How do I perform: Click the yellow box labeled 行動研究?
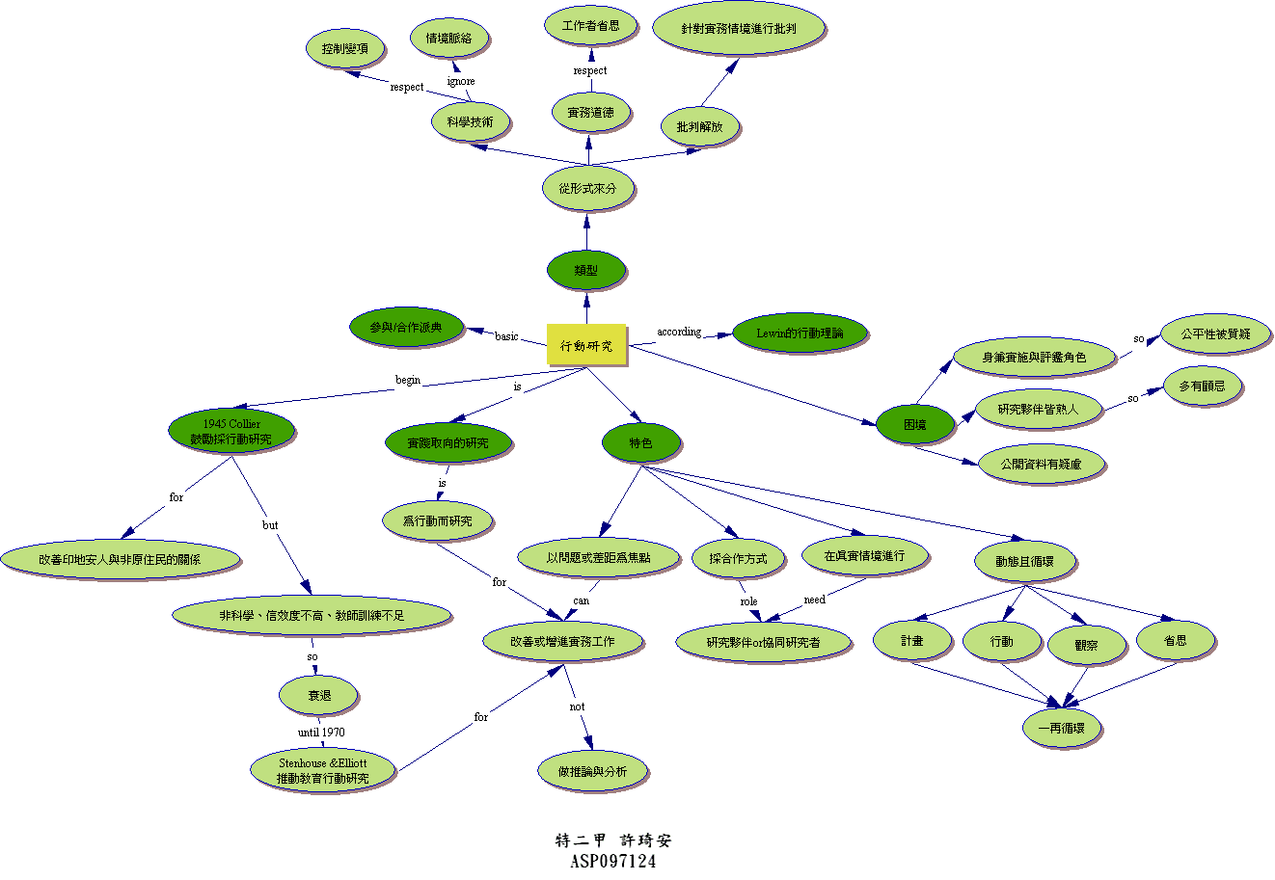click(x=586, y=345)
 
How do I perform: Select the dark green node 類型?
click(x=585, y=270)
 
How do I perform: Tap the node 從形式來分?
click(x=586, y=189)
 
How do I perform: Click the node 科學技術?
click(x=470, y=122)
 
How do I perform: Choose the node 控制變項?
click(x=345, y=47)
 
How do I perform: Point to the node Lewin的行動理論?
click(x=799, y=333)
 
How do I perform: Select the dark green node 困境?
click(x=914, y=423)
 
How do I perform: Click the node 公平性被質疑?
click(x=1215, y=333)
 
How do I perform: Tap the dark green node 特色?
click(x=640, y=442)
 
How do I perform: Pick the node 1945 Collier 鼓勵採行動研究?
click(x=231, y=431)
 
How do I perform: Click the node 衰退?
click(x=318, y=695)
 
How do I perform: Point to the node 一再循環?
click(x=1061, y=729)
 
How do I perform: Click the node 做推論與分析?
click(x=592, y=771)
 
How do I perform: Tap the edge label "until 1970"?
click(x=321, y=733)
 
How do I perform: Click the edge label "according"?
click(x=679, y=332)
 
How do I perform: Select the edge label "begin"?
click(x=408, y=380)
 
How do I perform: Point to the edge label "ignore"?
click(x=461, y=81)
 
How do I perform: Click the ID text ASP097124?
click(x=612, y=862)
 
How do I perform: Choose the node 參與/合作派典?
click(x=405, y=328)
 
